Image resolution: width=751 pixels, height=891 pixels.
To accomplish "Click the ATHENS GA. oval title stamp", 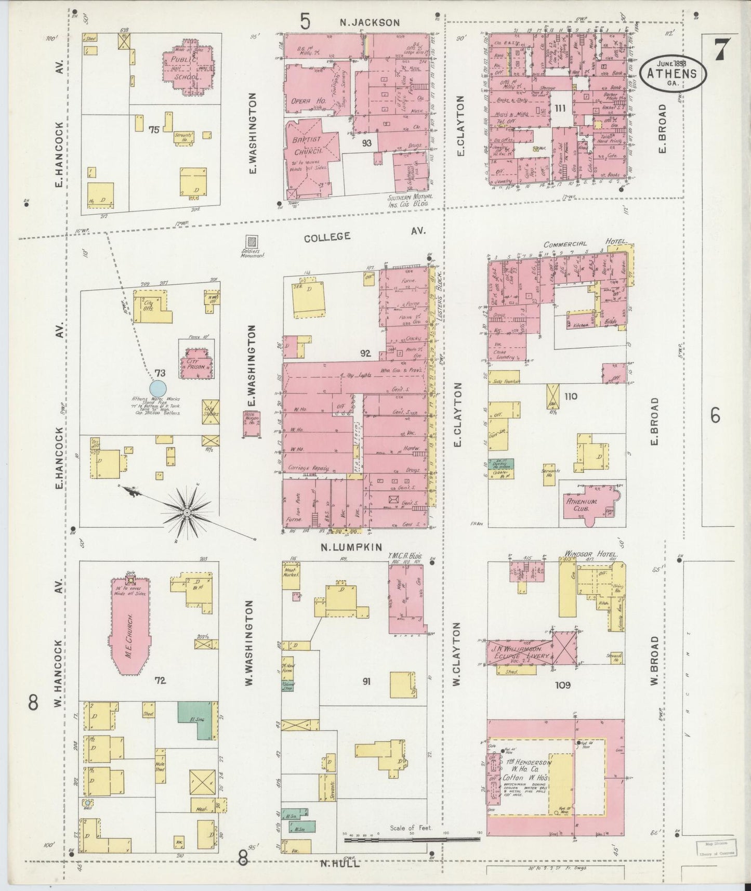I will click(x=673, y=73).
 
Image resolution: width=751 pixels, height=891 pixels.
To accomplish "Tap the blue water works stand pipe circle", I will click(x=158, y=388).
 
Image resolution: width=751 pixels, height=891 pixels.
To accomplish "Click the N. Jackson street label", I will click(x=370, y=22).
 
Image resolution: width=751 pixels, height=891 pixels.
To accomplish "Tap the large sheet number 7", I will click(x=720, y=50).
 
